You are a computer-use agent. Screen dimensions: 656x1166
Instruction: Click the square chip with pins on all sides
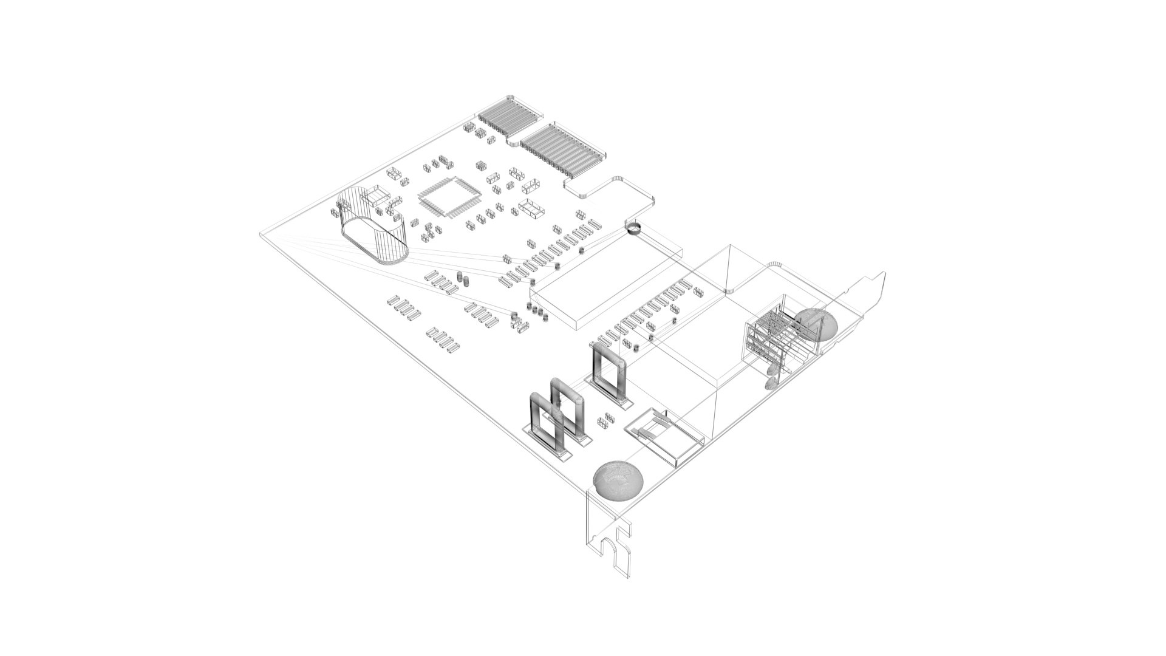point(449,197)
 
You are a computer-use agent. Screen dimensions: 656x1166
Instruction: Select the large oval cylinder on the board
point(372,226)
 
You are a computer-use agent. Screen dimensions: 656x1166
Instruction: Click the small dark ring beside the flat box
point(633,228)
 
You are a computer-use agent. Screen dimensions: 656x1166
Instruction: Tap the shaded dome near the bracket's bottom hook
point(618,479)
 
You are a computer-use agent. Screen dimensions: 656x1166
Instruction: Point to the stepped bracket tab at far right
point(871,292)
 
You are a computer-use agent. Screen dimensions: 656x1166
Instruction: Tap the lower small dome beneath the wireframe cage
point(771,383)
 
